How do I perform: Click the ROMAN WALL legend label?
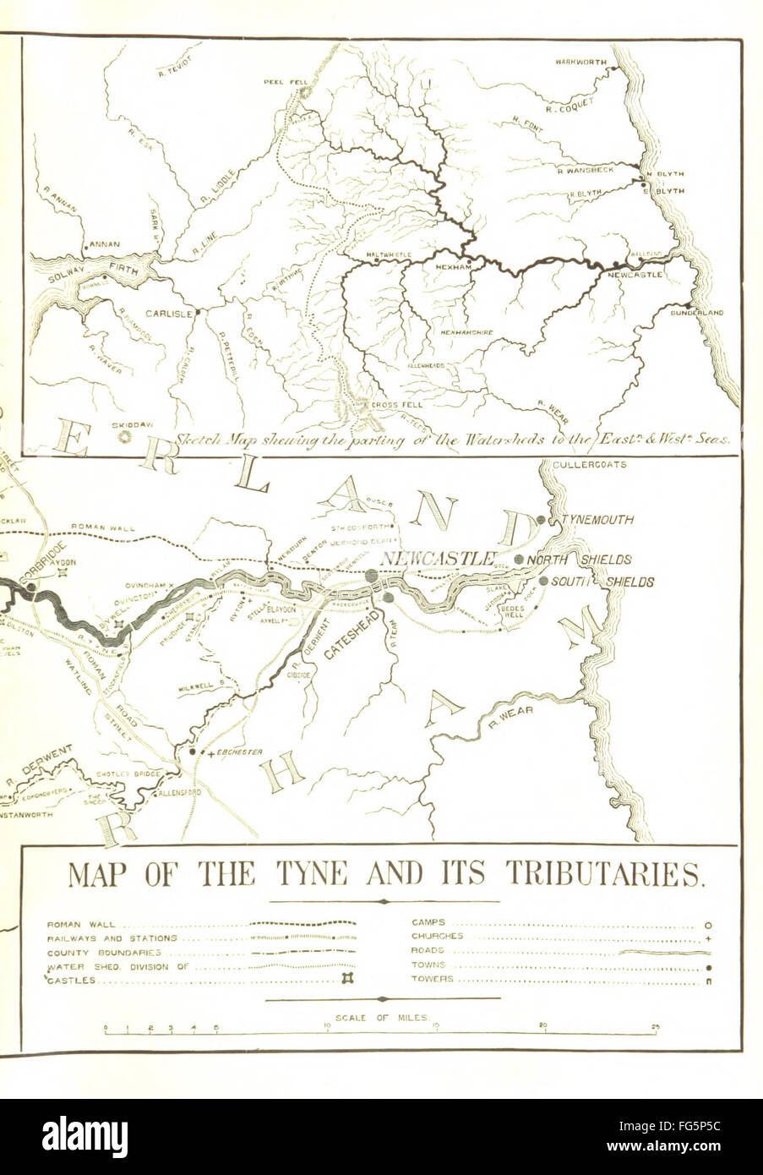pyautogui.click(x=82, y=924)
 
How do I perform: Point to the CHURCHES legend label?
pyautogui.click(x=437, y=937)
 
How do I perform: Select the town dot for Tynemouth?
pyautogui.click(x=542, y=519)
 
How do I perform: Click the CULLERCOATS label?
pyautogui.click(x=588, y=465)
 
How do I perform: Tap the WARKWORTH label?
pyautogui.click(x=580, y=62)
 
